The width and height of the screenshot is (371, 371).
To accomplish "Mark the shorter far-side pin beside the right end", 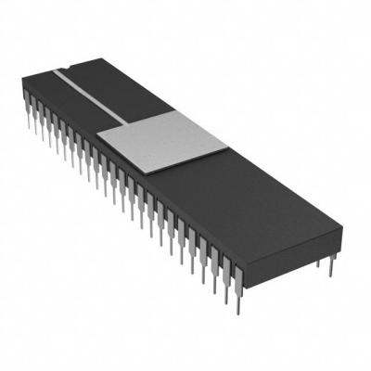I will [318, 267].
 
